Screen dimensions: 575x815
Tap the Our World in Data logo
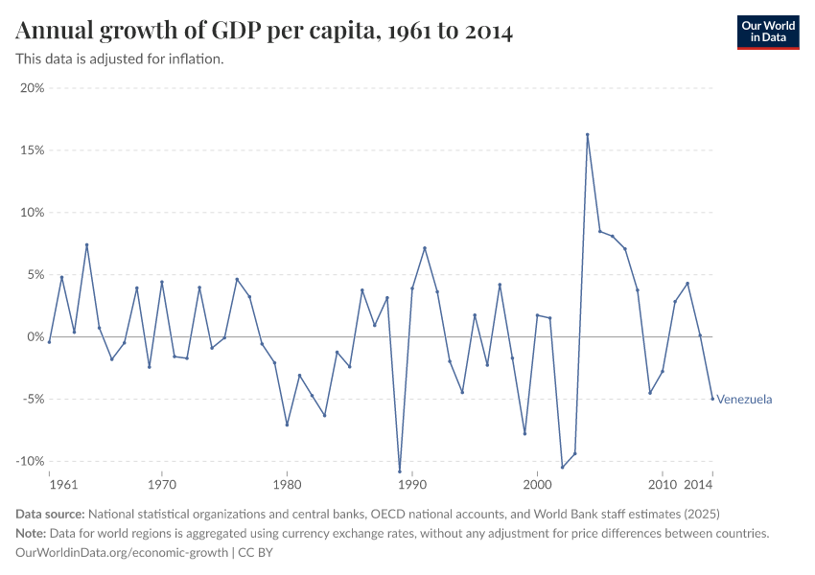[767, 32]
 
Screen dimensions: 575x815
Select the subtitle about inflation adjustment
[120, 58]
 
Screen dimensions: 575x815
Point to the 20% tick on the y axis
[33, 88]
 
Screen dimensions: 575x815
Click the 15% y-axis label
[33, 150]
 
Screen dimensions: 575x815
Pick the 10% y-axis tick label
[33, 213]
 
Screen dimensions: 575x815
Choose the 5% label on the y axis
[35, 275]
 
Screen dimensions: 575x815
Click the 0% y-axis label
[35, 337]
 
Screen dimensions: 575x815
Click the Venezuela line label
[744, 400]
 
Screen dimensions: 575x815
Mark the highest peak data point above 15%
[587, 134]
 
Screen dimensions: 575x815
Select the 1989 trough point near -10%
[400, 471]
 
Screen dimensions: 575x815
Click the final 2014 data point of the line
[712, 399]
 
